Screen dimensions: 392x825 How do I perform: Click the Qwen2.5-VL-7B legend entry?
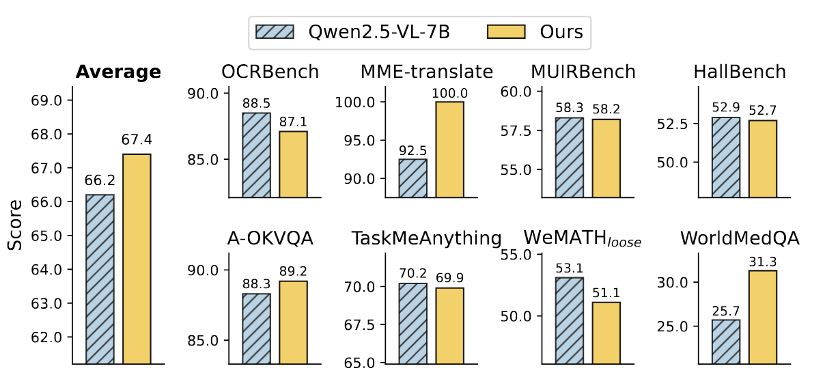coord(352,32)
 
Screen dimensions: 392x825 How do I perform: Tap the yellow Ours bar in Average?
coord(137,259)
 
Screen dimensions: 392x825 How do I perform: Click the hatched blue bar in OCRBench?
coord(256,155)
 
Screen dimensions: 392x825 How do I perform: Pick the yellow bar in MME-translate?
coord(450,150)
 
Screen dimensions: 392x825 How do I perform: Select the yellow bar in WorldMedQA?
coord(762,317)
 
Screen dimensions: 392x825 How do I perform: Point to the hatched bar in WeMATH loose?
coord(569,320)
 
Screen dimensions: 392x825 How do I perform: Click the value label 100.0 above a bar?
coord(450,92)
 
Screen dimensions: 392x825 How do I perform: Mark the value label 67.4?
coord(137,140)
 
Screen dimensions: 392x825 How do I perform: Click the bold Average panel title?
coord(118,72)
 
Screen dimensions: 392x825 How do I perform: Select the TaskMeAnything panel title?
coord(427,238)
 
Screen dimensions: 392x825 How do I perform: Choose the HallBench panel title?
coord(739,72)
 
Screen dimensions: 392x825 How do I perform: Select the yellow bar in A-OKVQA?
coord(293,322)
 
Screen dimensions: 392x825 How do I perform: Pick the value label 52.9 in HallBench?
coord(725,108)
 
